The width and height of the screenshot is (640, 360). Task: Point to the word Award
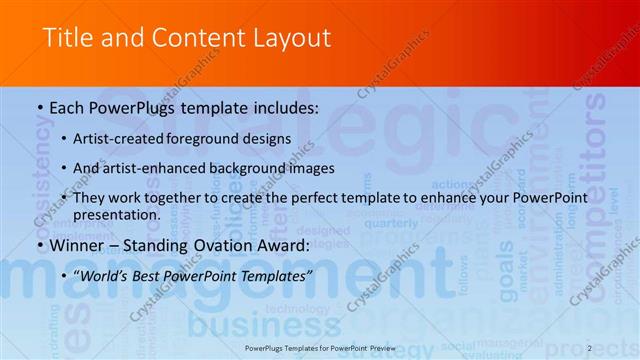(282, 245)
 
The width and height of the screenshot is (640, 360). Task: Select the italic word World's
(113, 275)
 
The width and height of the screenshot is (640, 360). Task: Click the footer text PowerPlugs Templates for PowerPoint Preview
(319, 349)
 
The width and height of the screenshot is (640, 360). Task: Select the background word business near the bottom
(236, 325)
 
